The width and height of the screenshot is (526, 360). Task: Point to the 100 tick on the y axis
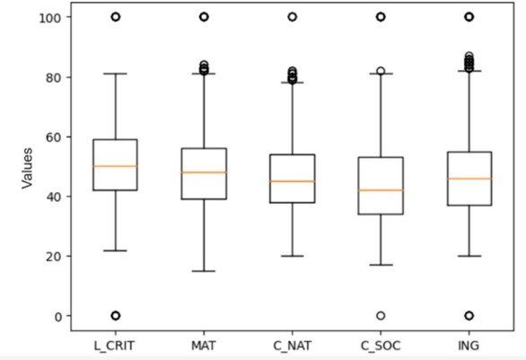(x=49, y=17)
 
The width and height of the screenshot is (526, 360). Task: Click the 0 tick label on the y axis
(x=56, y=316)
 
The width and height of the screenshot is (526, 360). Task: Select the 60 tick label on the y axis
(x=52, y=136)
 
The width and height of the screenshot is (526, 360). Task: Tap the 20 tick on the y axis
(x=52, y=256)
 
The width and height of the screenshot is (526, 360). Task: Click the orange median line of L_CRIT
(x=116, y=166)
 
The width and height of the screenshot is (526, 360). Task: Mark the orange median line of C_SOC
(x=380, y=190)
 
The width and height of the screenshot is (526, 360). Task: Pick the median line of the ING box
(x=468, y=179)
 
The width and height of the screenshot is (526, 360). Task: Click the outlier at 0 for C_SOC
(x=380, y=316)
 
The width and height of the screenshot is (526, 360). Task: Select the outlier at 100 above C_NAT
(x=292, y=17)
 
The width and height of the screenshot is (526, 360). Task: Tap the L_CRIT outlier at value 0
(x=116, y=316)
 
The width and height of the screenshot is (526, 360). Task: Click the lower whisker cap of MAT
(x=204, y=271)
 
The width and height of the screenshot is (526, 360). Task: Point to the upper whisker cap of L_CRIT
(x=116, y=74)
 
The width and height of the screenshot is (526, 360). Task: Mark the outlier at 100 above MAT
(x=204, y=17)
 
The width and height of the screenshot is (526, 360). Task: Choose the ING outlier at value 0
(x=468, y=316)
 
